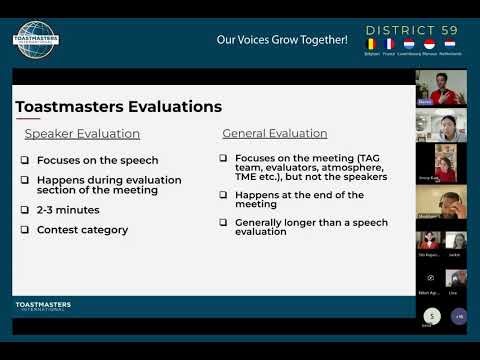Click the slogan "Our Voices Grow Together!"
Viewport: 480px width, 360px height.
[282, 40]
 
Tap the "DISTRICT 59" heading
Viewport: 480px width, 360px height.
[411, 30]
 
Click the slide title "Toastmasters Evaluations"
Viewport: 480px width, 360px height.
[118, 107]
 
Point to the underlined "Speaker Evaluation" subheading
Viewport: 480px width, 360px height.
[82, 133]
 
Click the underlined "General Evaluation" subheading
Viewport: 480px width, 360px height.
[275, 133]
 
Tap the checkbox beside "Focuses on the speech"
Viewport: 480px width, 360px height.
[25, 160]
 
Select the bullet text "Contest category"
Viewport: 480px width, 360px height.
[82, 230]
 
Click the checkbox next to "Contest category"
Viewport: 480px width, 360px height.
[25, 230]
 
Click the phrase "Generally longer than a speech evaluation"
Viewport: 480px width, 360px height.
[289, 226]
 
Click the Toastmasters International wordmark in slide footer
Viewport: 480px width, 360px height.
[43, 306]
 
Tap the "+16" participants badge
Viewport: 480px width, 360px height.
[458, 316]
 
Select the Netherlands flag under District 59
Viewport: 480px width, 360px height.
[450, 44]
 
